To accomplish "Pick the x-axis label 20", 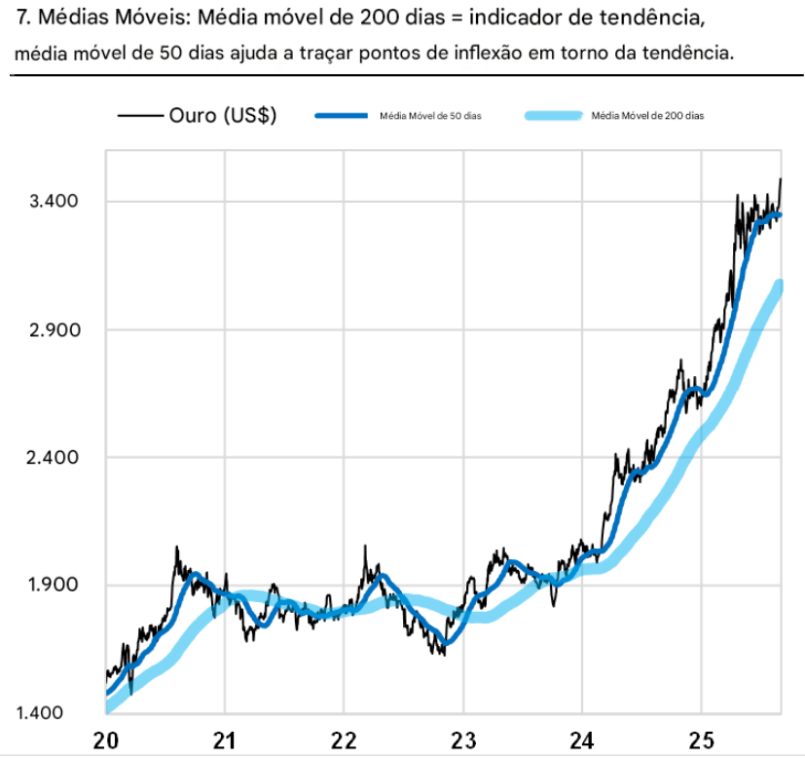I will tap(106, 740).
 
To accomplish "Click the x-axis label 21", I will tap(225, 740).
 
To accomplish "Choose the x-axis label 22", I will tap(344, 740).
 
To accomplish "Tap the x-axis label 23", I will tap(463, 740).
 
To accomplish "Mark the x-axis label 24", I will tap(582, 740).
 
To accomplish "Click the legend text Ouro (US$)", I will tap(223, 115).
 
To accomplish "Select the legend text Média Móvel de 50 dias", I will tap(424, 116).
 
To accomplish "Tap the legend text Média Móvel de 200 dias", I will tap(647, 116).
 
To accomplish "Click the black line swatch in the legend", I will tap(138, 116).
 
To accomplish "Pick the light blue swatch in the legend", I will tap(552, 116).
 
